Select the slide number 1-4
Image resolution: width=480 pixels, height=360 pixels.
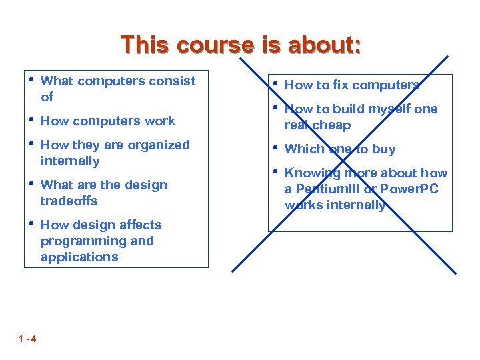[27, 339]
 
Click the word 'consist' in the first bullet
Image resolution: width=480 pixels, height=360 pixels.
[173, 81]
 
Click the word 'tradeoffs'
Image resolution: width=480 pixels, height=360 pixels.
[69, 201]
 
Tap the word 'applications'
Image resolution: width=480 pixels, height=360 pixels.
[79, 257]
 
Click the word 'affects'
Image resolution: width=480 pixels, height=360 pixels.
[139, 225]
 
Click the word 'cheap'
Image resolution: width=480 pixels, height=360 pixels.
[332, 125]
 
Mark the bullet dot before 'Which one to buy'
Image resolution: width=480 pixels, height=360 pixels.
[275, 148]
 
